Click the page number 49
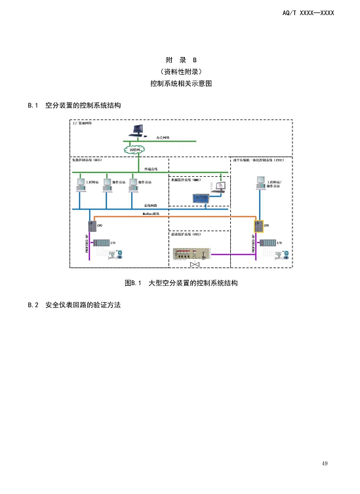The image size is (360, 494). point(325,464)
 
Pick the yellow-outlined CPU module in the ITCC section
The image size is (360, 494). point(258,226)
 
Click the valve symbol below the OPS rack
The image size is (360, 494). point(195,265)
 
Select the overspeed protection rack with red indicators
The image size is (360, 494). point(190,252)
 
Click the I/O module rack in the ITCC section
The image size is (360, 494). point(268,244)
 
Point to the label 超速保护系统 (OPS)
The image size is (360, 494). point(186,234)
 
